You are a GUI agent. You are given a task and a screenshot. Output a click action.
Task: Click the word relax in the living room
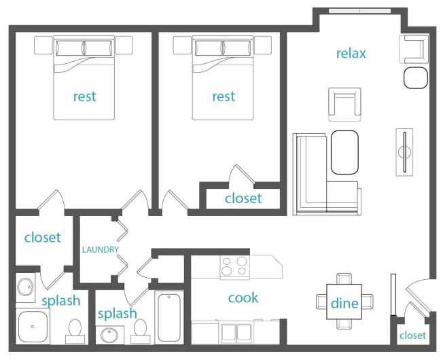[351, 54]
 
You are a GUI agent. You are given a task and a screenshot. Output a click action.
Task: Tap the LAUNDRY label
[101, 249]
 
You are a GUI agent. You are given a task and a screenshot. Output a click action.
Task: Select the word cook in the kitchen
[243, 298]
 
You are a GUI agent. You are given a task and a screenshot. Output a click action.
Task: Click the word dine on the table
[344, 303]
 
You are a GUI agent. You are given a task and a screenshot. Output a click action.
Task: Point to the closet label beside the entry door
[412, 336]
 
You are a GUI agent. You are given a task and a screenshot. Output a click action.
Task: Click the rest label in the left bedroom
[85, 96]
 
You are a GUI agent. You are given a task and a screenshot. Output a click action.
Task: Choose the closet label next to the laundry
[42, 238]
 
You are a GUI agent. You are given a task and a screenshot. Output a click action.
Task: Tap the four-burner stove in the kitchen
[235, 267]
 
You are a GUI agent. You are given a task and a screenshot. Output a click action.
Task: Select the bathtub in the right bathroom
[169, 317]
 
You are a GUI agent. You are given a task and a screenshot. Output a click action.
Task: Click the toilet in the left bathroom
[75, 331]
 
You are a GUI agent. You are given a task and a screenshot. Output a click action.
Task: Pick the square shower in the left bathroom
[33, 326]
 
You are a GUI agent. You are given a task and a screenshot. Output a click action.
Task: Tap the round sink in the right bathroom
[109, 335]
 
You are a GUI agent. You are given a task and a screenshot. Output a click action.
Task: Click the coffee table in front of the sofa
[344, 152]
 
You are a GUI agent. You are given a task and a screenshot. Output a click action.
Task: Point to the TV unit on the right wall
[404, 152]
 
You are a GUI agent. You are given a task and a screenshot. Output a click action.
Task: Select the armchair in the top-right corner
[414, 50]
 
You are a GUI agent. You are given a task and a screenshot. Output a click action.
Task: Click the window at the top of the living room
[360, 11]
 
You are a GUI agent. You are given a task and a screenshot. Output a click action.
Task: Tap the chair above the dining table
[344, 278]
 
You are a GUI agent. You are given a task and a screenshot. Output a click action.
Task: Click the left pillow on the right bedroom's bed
[208, 48]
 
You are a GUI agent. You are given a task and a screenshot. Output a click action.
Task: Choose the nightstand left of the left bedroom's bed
[43, 46]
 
